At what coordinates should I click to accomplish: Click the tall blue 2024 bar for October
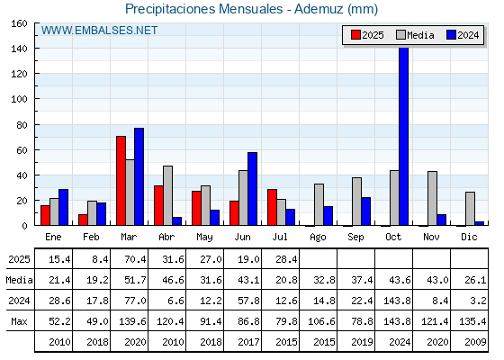(x=404, y=136)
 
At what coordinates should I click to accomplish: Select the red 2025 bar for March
(x=121, y=181)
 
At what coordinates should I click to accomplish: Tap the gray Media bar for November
(x=432, y=198)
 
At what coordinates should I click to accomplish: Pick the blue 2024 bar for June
(x=252, y=189)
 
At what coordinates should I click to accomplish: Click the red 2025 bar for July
(x=272, y=207)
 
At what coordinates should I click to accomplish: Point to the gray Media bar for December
(x=470, y=209)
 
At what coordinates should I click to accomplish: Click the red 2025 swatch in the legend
(x=355, y=35)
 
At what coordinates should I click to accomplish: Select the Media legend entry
(x=415, y=35)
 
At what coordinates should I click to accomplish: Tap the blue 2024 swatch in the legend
(x=451, y=35)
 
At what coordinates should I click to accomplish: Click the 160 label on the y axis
(x=19, y=23)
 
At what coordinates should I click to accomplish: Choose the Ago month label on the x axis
(x=318, y=238)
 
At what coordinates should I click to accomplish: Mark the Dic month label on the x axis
(x=469, y=237)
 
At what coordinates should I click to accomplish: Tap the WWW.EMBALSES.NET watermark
(x=99, y=31)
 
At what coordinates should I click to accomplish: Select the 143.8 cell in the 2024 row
(x=397, y=301)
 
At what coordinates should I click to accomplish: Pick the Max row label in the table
(x=19, y=321)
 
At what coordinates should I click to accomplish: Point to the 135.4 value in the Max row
(x=472, y=321)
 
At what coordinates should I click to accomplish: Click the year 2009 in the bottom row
(x=475, y=342)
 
